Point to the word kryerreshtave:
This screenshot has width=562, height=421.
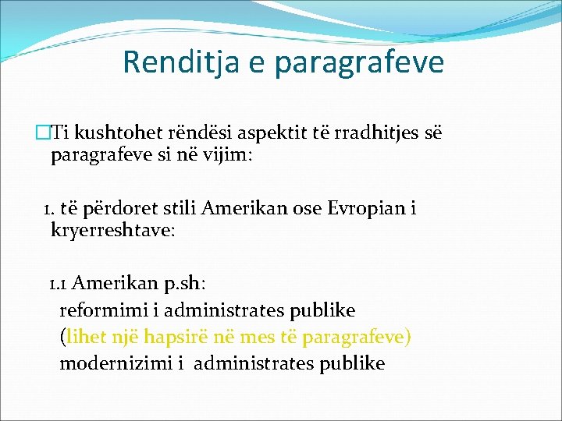click(113, 231)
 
